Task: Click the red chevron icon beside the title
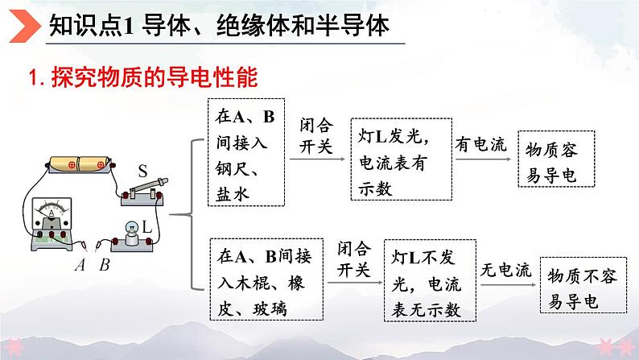tap(24, 26)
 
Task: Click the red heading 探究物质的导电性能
tap(155, 77)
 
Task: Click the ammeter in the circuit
tap(52, 224)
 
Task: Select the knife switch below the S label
tap(143, 192)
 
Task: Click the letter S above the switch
tap(142, 171)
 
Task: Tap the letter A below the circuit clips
tap(80, 265)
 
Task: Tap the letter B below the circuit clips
tap(105, 265)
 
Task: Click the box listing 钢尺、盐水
tap(246, 152)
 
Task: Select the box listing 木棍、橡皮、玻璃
tap(266, 279)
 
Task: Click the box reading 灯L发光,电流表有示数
tap(402, 159)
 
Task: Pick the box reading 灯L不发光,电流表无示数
tap(430, 280)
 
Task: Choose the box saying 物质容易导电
tap(556, 159)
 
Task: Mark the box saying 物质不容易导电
tap(583, 285)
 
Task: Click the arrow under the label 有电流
tap(484, 159)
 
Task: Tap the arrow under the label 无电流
tap(508, 284)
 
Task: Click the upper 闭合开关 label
tap(316, 135)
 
